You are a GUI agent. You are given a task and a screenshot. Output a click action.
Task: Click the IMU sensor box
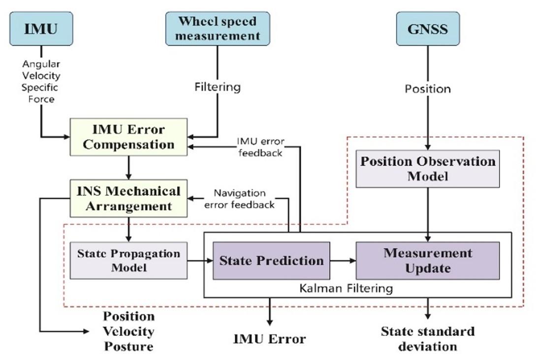[41, 29]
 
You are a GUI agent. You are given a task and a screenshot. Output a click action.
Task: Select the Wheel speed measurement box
[218, 29]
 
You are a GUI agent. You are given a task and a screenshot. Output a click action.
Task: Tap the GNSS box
[428, 29]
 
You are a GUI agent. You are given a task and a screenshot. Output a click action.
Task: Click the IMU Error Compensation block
[128, 137]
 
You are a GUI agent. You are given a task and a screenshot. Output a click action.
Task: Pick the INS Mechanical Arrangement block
[128, 199]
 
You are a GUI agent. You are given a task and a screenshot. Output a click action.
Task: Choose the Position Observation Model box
[428, 169]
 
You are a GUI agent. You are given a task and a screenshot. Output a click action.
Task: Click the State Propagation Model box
[128, 261]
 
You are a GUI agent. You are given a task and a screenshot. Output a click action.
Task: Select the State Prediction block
[271, 261]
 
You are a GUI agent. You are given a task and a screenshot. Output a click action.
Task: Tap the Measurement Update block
[428, 261]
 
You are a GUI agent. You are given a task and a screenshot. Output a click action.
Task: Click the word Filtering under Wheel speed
[218, 87]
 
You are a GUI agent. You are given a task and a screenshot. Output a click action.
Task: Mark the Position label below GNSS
[428, 89]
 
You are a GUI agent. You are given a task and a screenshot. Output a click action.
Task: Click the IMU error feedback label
[260, 147]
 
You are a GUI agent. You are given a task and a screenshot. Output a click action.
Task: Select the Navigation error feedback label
[239, 199]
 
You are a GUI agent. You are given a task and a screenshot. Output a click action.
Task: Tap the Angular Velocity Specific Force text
[41, 82]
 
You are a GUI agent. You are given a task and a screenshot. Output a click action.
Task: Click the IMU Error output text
[269, 339]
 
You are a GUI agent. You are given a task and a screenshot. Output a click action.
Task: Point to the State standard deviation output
[428, 339]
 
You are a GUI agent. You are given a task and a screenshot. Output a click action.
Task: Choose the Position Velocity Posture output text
[128, 331]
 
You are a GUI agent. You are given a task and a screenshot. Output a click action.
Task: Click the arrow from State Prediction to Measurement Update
[343, 261]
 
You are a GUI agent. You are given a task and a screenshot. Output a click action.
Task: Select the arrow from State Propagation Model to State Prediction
[200, 261]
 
